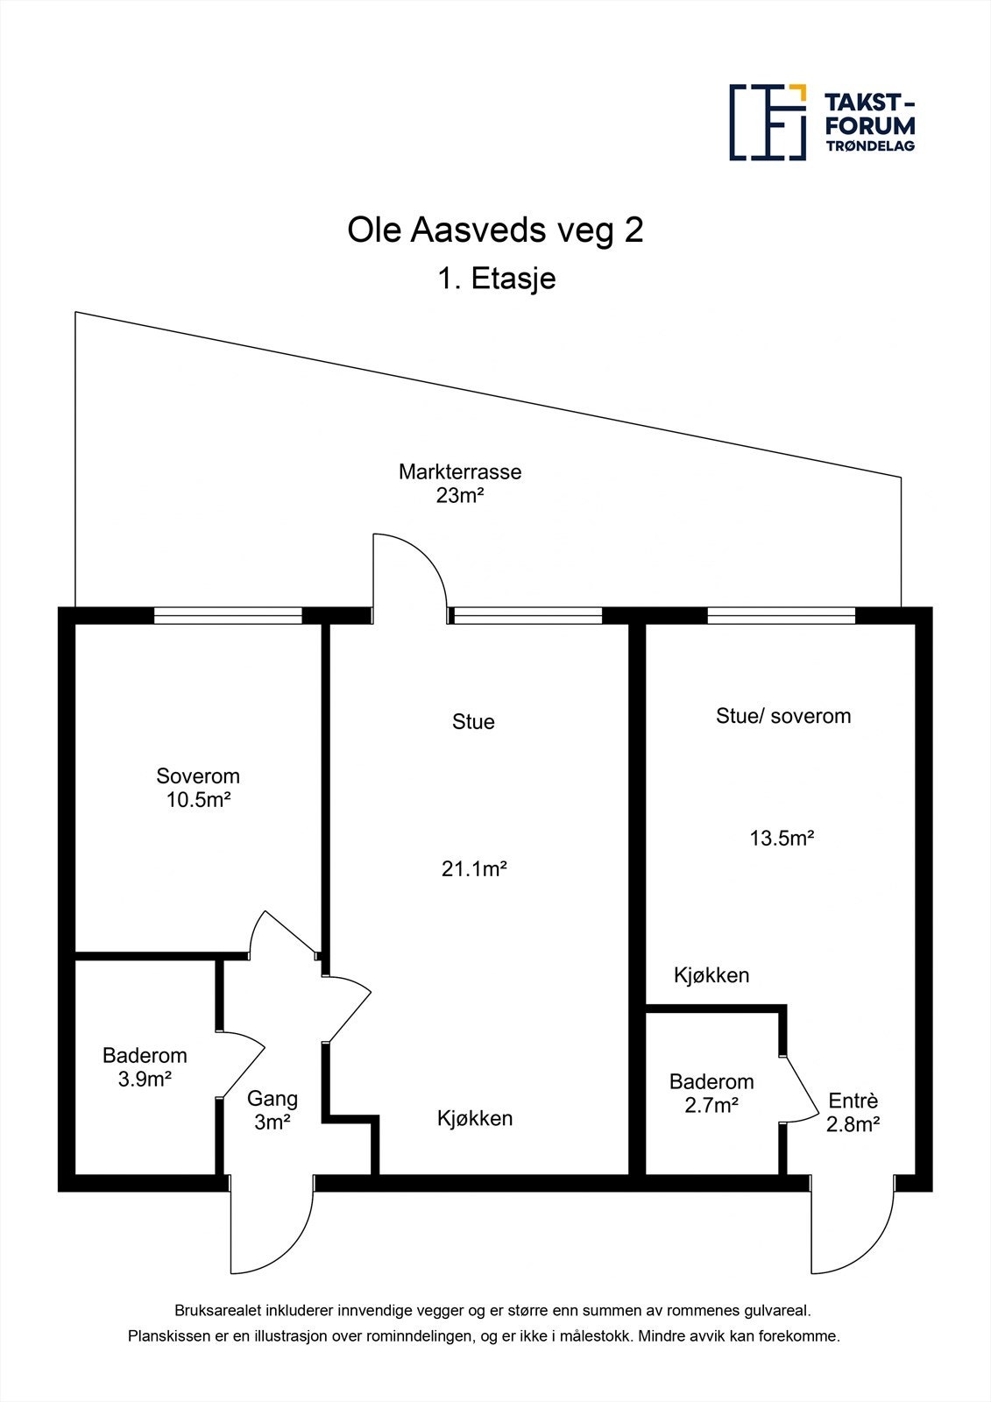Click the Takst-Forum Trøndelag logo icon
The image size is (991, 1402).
(768, 123)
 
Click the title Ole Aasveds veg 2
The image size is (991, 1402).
(495, 230)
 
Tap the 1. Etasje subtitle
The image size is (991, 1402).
(496, 279)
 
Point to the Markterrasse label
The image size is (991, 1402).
(460, 471)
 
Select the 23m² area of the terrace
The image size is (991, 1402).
(460, 496)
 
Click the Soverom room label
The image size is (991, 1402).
(198, 775)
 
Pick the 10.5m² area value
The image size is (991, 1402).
(198, 799)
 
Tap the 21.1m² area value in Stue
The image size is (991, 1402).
(475, 869)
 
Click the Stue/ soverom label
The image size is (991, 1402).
(783, 716)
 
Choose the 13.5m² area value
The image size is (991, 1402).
(782, 838)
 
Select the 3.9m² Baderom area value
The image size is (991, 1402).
(145, 1079)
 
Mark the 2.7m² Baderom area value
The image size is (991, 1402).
(711, 1105)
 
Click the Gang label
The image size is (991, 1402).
(273, 1098)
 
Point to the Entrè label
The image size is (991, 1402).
(853, 1101)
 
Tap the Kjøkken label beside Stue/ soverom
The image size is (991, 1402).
(711, 975)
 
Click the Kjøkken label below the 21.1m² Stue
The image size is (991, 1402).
(475, 1118)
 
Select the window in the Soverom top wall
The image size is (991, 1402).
(228, 616)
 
